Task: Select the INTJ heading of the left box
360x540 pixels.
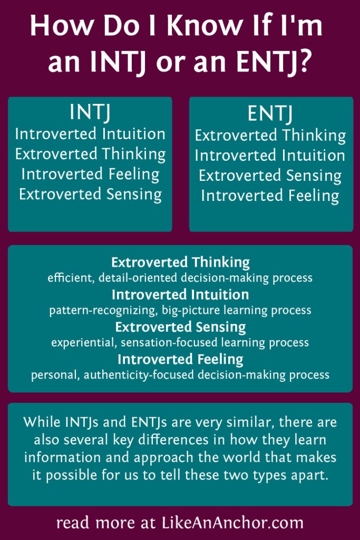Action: pyautogui.click(x=90, y=113)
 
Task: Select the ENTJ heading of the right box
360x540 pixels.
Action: pyautogui.click(x=270, y=114)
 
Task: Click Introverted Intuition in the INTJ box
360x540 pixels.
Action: pyautogui.click(x=90, y=134)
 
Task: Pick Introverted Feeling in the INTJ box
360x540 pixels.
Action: pyautogui.click(x=90, y=174)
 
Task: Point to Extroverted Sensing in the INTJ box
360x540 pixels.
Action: pyautogui.click(x=90, y=194)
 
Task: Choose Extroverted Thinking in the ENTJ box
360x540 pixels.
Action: pyautogui.click(x=270, y=136)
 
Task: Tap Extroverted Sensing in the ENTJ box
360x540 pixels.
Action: pyautogui.click(x=270, y=176)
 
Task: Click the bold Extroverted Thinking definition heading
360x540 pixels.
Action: pyautogui.click(x=180, y=262)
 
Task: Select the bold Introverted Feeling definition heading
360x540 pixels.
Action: pyautogui.click(x=180, y=360)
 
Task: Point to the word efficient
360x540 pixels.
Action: pyautogui.click(x=67, y=277)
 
